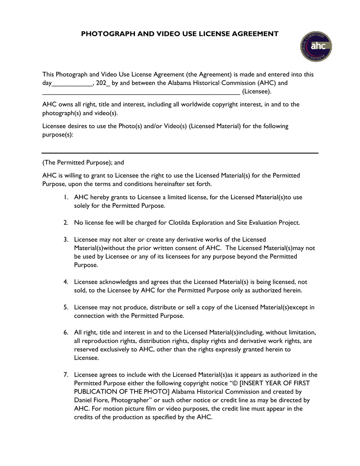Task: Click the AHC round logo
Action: coord(316,47)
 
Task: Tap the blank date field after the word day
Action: coord(72,83)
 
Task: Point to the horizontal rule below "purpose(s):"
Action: coord(180,153)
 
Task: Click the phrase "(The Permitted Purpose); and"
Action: coord(83,163)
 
